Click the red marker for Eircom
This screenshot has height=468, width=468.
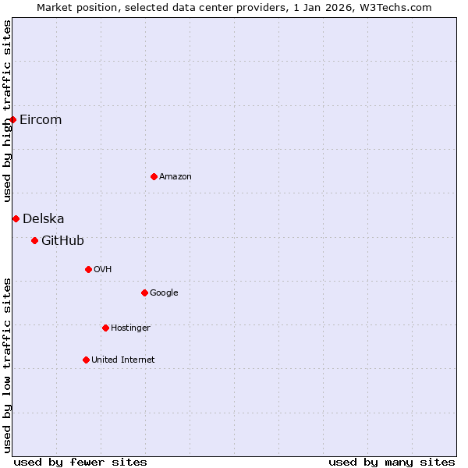(x=13, y=119)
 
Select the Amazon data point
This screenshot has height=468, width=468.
(x=154, y=176)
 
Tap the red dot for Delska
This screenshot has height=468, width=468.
(x=16, y=218)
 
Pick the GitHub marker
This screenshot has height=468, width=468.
(x=34, y=240)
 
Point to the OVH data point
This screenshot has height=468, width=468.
(x=88, y=269)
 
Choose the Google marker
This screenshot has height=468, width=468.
(x=144, y=292)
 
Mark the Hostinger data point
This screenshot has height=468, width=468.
(x=105, y=328)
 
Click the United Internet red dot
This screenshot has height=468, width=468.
(x=86, y=360)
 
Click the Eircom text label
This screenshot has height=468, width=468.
(x=41, y=119)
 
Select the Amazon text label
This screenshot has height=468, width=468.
(x=175, y=176)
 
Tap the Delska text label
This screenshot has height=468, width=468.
(x=44, y=218)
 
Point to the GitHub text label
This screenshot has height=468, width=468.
(x=62, y=240)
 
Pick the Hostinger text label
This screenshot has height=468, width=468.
(x=130, y=328)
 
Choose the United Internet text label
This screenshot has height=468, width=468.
(x=123, y=360)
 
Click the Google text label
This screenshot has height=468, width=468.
(x=164, y=292)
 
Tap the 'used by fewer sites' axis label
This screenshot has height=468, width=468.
(x=80, y=462)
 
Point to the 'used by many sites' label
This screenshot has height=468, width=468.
(x=392, y=462)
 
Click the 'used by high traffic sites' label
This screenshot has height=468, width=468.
(x=7, y=111)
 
